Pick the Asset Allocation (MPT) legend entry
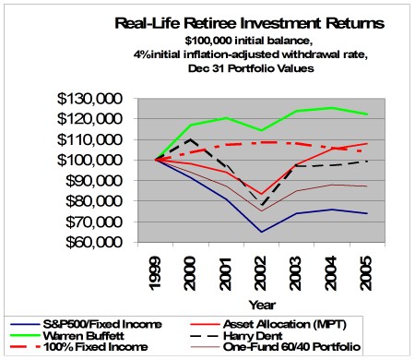click(318, 323)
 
